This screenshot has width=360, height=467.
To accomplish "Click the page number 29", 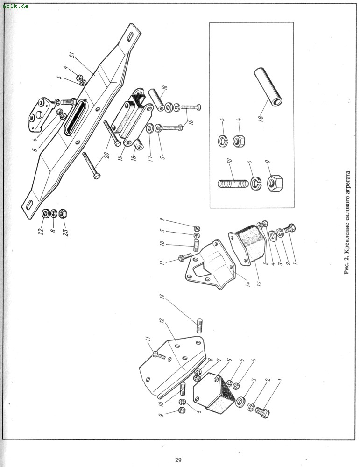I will click(x=178, y=460).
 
